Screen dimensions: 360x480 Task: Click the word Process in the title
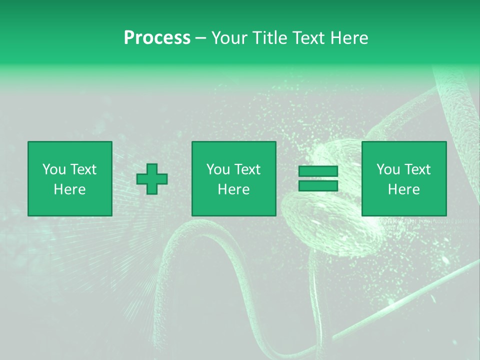coord(157,38)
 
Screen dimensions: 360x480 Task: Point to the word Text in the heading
coord(308,38)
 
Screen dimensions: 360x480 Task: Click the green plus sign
coord(152,178)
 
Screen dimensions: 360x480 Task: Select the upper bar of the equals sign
coord(318,171)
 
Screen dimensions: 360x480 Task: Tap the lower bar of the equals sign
coord(318,185)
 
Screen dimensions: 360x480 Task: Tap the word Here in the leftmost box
coord(70,189)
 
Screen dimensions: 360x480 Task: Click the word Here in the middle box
coord(234,189)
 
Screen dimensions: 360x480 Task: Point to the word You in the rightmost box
coord(388,169)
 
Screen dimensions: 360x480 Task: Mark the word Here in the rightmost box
coord(404,189)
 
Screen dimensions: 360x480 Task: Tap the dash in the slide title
coord(201,38)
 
